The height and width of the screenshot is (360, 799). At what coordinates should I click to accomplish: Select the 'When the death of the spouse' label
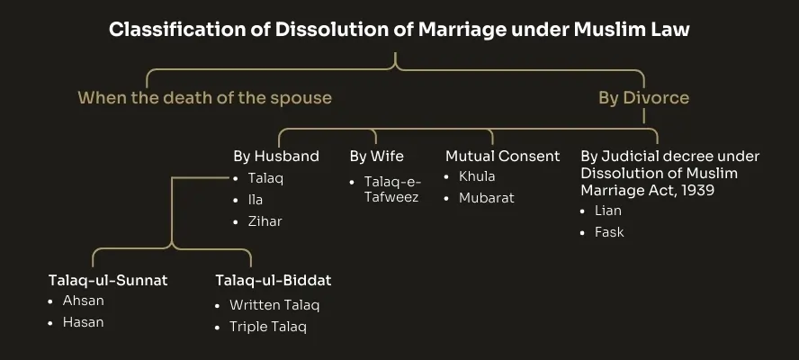(204, 97)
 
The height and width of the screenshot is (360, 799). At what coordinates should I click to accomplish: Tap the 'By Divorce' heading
(644, 97)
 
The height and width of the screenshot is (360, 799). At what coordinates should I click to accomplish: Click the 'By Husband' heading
(276, 156)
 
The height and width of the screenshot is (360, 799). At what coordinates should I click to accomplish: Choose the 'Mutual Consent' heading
(503, 156)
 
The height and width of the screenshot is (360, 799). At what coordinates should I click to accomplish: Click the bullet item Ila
(256, 199)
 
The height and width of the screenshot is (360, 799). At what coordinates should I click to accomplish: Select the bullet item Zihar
(265, 220)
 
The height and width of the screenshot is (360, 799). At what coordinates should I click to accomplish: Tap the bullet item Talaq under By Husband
(265, 177)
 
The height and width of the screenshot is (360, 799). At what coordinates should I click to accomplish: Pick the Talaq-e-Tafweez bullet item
(391, 189)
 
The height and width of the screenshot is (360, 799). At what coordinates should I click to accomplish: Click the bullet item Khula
(477, 176)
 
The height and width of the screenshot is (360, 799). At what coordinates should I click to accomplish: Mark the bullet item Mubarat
(486, 197)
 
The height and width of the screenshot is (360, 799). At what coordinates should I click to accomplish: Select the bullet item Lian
(607, 211)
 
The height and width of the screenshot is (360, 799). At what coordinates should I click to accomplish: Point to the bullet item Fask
(609, 232)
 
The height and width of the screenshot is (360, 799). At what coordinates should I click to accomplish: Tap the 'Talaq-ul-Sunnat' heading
(108, 280)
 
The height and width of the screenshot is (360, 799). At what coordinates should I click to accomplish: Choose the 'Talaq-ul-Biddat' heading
(274, 280)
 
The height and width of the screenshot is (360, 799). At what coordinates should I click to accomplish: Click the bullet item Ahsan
(84, 301)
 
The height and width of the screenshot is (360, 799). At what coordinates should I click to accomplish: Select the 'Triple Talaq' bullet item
(267, 327)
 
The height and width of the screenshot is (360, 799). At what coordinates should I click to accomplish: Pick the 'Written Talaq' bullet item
(274, 305)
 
